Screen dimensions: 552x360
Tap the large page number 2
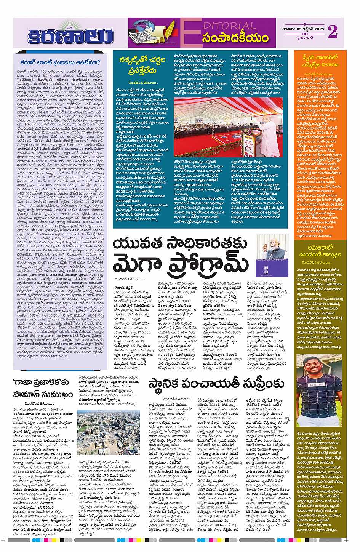point(332,32)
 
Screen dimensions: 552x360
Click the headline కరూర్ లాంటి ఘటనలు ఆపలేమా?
point(60,63)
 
